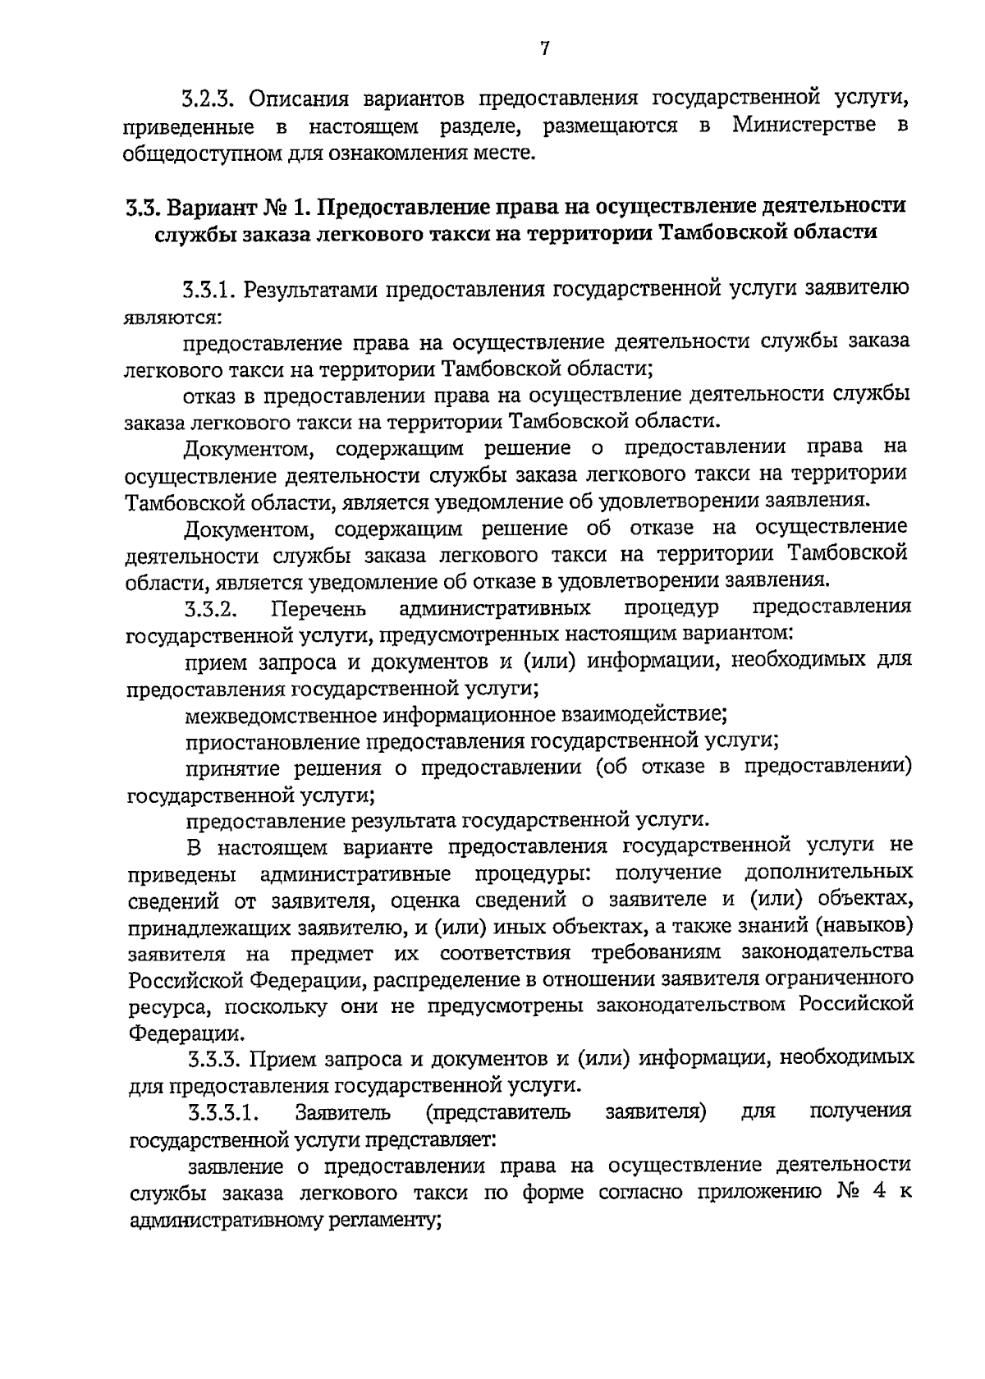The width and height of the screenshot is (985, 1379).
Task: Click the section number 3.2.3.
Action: point(208,100)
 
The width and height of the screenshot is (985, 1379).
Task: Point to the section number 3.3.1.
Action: point(209,289)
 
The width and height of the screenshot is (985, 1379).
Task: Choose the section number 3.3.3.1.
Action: point(223,1113)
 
